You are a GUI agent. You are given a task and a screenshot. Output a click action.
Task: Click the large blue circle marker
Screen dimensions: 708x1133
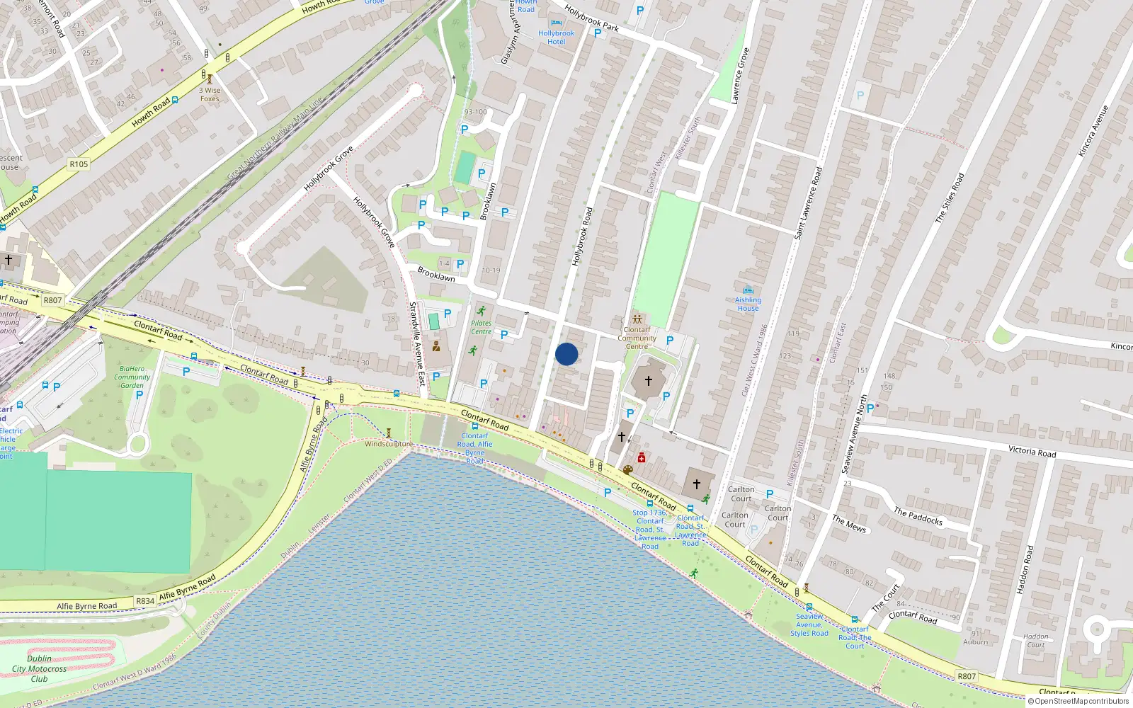click(x=566, y=354)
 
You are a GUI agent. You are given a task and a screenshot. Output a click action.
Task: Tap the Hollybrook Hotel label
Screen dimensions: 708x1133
click(x=556, y=38)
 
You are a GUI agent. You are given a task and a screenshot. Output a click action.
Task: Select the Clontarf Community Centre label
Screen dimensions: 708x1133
click(x=637, y=338)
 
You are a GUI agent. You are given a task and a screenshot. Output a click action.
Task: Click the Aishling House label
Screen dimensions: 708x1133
click(x=748, y=304)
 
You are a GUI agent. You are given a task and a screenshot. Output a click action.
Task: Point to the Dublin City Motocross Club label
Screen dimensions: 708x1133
click(x=39, y=668)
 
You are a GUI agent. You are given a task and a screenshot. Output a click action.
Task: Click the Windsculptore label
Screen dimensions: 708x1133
click(x=388, y=444)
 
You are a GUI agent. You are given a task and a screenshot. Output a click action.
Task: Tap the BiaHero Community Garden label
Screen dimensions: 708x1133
click(x=132, y=377)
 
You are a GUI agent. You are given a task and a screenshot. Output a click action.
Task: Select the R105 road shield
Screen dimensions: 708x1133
click(x=79, y=164)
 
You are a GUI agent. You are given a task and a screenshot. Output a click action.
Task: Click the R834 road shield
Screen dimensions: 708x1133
click(x=145, y=601)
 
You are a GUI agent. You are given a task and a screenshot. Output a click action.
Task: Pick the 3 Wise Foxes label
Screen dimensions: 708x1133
click(x=210, y=94)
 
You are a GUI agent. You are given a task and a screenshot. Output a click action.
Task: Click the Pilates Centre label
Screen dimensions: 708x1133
click(x=481, y=327)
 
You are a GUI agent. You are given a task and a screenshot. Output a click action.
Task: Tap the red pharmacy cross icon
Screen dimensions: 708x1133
click(x=642, y=457)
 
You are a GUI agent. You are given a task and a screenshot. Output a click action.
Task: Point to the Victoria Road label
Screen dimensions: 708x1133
click(x=1032, y=451)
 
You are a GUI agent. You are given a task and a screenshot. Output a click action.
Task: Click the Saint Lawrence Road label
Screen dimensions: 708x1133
click(x=808, y=202)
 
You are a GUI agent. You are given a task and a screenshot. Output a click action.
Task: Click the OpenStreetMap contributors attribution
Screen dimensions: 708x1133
click(x=1078, y=701)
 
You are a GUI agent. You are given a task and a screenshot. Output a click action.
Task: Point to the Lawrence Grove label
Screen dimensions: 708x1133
click(x=741, y=76)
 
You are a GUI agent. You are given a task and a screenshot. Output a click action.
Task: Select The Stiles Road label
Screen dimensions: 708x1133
click(x=950, y=198)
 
